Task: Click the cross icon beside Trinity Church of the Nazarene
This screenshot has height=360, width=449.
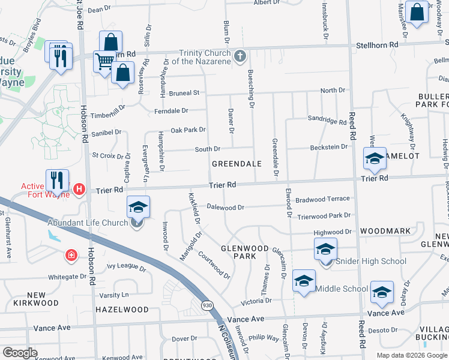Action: click(x=240, y=56)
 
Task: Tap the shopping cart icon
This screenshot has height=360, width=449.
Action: click(x=104, y=61)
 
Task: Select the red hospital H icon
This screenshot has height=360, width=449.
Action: click(x=79, y=190)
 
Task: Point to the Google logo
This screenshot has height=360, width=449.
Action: click(x=20, y=353)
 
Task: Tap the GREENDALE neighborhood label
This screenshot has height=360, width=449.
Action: click(x=237, y=163)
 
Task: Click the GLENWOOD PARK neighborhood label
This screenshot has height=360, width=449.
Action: click(x=244, y=251)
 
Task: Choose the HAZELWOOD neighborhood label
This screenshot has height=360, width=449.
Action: click(x=122, y=310)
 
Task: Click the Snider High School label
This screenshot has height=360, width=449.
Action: click(x=370, y=261)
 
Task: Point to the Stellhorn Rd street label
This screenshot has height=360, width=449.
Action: click(x=377, y=45)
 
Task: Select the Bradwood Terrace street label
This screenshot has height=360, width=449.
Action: click(x=322, y=199)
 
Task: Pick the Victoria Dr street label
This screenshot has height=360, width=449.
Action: click(x=256, y=301)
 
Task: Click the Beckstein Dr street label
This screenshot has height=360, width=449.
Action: click(x=328, y=147)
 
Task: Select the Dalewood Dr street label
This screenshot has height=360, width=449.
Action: click(x=225, y=208)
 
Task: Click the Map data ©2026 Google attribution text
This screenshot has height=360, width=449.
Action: click(x=411, y=355)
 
